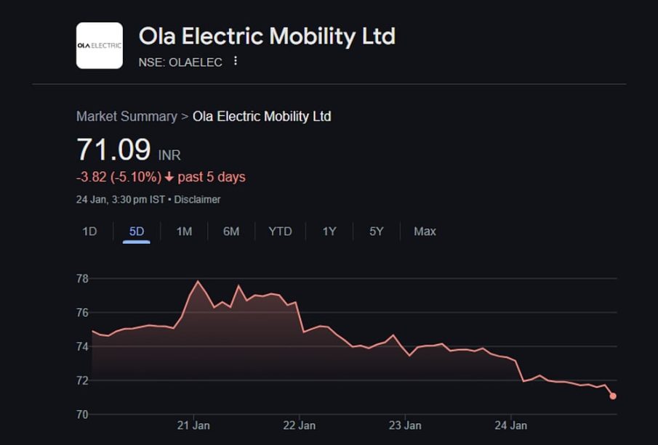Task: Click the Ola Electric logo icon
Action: tap(100, 45)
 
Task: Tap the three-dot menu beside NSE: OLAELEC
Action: tap(235, 62)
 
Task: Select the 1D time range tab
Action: tap(89, 232)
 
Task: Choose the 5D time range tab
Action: tap(137, 232)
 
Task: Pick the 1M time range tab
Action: tap(184, 232)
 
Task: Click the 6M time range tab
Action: tap(231, 232)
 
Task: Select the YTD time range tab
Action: tap(280, 232)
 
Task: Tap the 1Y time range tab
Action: tap(329, 232)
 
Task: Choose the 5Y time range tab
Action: tap(376, 232)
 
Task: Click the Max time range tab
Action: tap(425, 232)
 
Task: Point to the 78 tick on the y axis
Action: tap(82, 279)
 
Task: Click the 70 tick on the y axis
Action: tap(82, 415)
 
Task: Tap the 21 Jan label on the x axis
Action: tap(193, 425)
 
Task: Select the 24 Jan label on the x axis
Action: tap(511, 425)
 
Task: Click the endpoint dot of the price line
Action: tap(613, 396)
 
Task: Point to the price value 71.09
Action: tap(113, 150)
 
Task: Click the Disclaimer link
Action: tap(197, 200)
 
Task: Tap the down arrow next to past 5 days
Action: tap(169, 177)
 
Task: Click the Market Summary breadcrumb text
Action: tap(127, 117)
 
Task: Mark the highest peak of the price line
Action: tap(198, 281)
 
